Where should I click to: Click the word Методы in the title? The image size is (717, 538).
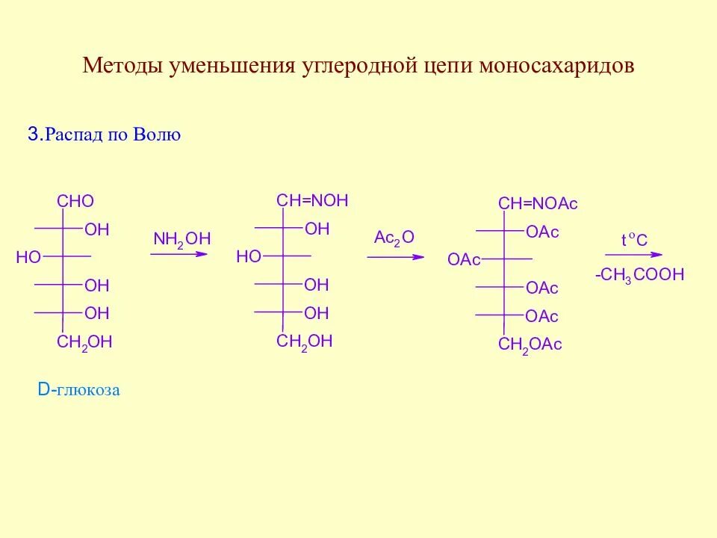[x=123, y=66]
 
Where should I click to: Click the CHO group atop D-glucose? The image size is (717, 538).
[x=75, y=201]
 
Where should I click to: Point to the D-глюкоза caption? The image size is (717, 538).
[x=78, y=390]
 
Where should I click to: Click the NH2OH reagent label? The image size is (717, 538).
[x=182, y=239]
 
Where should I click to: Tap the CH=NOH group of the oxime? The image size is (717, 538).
[x=312, y=200]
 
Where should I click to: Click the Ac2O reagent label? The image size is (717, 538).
[x=394, y=238]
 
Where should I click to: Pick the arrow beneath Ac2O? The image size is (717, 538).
[x=395, y=257]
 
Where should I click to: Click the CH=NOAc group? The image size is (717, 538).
[x=538, y=204]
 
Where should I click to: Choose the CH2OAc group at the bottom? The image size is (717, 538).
[x=530, y=344]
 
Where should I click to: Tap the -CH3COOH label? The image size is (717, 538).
[x=639, y=275]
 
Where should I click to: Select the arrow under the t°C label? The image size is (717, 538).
[x=633, y=256]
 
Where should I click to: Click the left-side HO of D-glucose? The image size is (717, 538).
[x=28, y=257]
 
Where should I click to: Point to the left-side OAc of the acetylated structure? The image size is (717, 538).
[x=464, y=259]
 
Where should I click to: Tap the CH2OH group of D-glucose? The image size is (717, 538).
[x=84, y=342]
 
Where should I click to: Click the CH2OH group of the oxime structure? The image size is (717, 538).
[x=304, y=341]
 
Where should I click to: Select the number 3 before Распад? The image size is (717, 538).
[x=32, y=134]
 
